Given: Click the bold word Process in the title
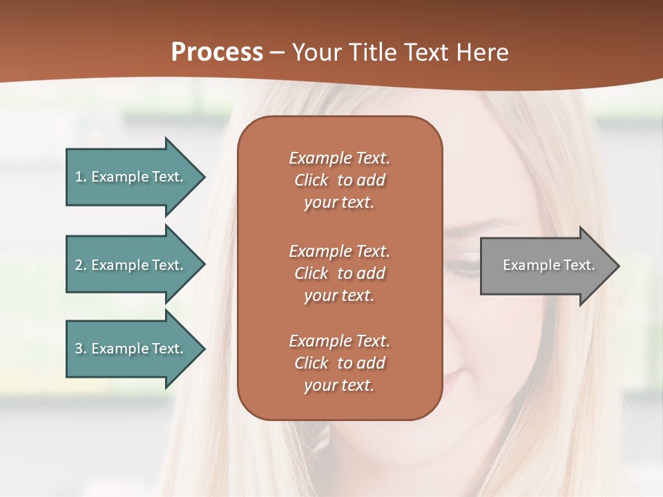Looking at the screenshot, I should click(217, 52).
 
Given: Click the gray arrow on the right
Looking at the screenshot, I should click(546, 265).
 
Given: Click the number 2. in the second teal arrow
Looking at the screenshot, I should click(81, 265).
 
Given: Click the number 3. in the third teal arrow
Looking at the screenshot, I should click(81, 349).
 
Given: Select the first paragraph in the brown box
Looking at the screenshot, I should click(339, 180).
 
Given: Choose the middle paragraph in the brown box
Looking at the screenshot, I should click(339, 273).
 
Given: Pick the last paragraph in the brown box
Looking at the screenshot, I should click(339, 363).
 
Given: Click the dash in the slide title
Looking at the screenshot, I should click(278, 52).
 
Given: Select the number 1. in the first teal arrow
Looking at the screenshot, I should click(81, 177).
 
